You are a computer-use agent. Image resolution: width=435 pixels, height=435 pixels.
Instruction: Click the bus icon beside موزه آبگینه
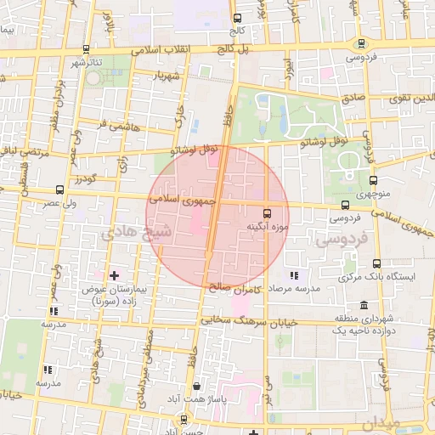click(x=267, y=213)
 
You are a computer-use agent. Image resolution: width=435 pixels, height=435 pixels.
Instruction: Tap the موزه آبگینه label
click(x=268, y=227)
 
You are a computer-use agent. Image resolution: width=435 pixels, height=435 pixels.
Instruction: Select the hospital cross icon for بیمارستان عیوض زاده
click(x=115, y=275)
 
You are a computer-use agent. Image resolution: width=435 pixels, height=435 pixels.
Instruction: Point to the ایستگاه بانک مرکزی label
click(x=376, y=277)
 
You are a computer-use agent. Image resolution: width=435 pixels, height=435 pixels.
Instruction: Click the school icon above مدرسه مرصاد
click(x=294, y=275)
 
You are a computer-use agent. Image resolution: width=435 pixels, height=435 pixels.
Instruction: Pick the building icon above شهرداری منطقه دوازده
click(x=364, y=305)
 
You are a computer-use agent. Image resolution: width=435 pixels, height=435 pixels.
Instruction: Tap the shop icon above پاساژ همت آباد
click(x=197, y=385)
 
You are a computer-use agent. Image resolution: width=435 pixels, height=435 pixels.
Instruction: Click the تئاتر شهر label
click(x=87, y=64)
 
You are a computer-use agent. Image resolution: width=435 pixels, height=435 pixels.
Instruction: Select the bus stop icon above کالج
click(x=237, y=17)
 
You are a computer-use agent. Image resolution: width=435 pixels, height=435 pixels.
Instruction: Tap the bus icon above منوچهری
click(x=376, y=180)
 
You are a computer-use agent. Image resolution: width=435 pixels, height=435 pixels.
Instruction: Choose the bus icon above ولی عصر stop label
click(x=59, y=190)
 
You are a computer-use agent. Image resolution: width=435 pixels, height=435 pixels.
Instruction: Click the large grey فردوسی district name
click(x=339, y=241)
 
